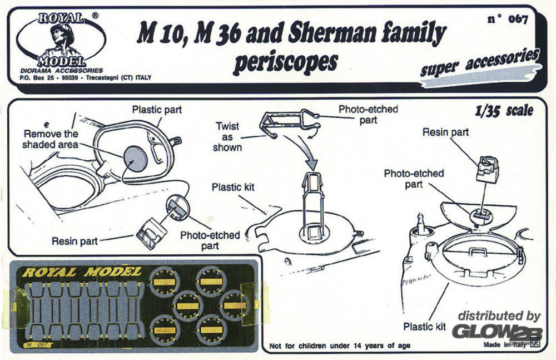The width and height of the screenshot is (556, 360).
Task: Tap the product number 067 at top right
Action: tap(507, 20)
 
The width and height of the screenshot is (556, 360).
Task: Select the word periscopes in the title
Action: tap(285, 63)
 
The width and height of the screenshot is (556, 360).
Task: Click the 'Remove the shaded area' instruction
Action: tap(51, 139)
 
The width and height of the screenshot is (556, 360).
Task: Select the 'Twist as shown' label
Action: tap(227, 137)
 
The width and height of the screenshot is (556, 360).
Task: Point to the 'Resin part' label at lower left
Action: tap(75, 241)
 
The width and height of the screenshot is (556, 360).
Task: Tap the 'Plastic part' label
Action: tap(157, 109)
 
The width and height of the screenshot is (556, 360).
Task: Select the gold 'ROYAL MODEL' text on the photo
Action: tap(82, 272)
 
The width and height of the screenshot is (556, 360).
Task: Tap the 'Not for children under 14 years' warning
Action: tap(340, 346)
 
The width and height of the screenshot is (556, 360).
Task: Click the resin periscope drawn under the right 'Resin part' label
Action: tap(487, 166)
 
